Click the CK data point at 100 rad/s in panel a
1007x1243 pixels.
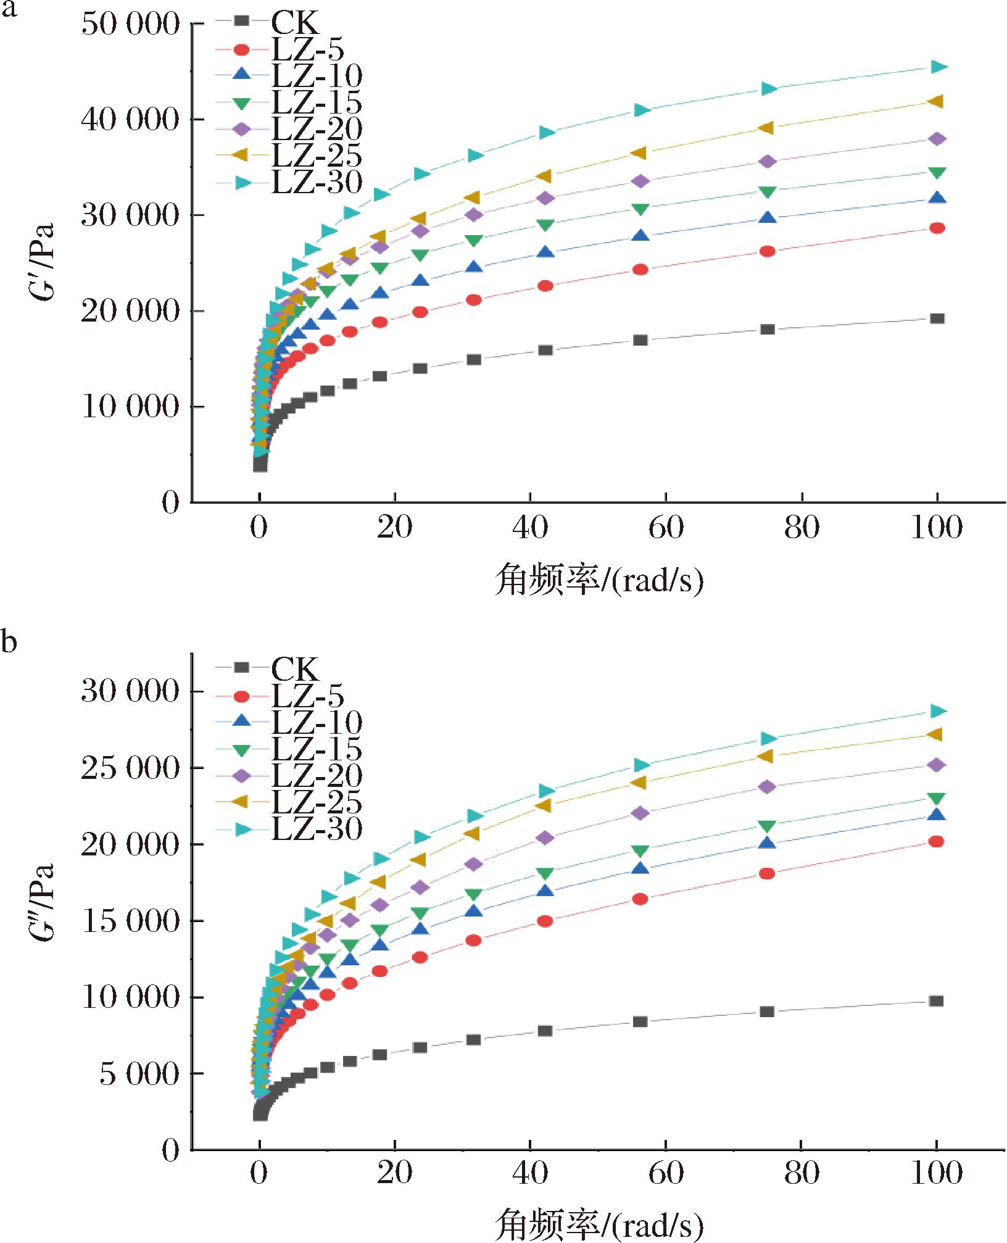point(937,318)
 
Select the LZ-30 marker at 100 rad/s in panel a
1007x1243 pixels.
point(938,67)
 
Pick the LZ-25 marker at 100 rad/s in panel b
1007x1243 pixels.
point(935,734)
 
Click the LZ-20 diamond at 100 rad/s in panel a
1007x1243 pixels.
point(937,139)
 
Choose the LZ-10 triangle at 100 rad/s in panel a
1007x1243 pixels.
point(937,198)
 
